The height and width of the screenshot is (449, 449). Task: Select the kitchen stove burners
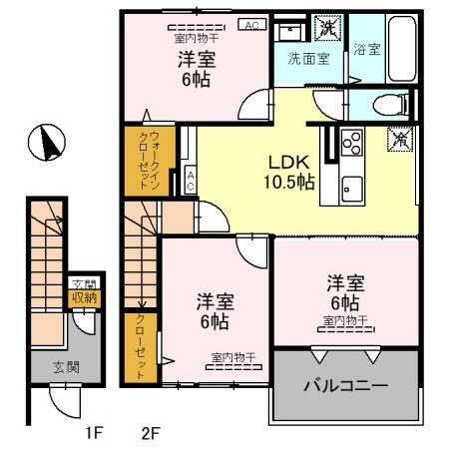click(x=351, y=144)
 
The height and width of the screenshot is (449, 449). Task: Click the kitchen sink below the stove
click(x=351, y=185)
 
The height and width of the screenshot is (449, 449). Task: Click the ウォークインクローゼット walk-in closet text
click(x=141, y=160)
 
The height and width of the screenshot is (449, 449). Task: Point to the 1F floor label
click(x=92, y=433)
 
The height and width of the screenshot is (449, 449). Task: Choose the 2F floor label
click(x=150, y=433)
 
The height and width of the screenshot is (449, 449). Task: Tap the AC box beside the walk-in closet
click(x=190, y=182)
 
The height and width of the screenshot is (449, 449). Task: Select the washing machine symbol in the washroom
click(x=326, y=28)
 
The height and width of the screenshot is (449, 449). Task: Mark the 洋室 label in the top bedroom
click(x=195, y=59)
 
